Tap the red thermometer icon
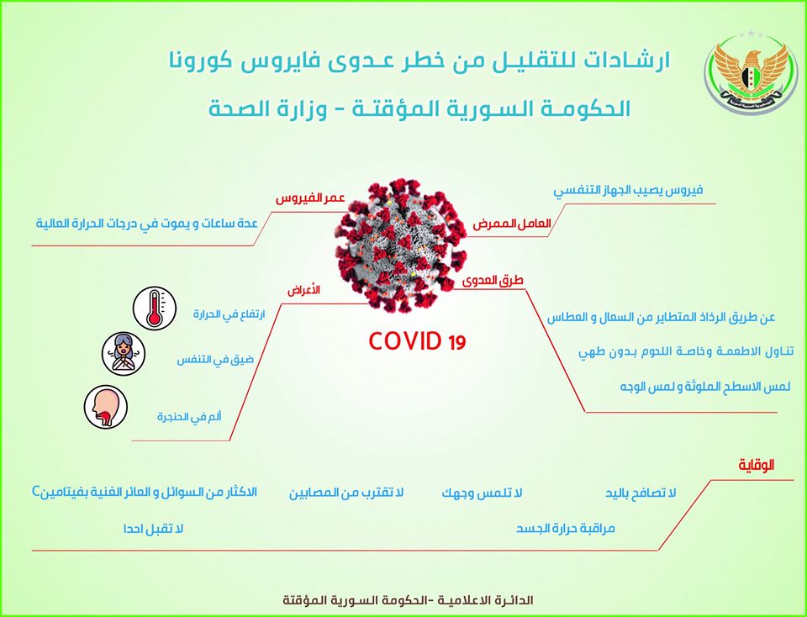point(155,308)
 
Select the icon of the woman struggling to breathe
point(124,354)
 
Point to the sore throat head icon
point(106,407)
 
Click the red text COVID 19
point(417,341)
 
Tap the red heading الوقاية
point(757,465)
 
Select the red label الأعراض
point(303,290)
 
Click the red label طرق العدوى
point(493,280)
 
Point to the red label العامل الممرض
point(512,224)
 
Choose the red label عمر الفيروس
point(310,198)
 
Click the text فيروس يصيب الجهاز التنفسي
point(628,190)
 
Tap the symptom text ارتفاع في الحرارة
point(229,314)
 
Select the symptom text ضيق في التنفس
point(215,359)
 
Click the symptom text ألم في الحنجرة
point(189,416)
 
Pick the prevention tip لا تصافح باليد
point(641,493)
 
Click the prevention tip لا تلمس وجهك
point(482,493)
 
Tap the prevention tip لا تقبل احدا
point(153,529)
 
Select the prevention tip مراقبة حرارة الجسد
point(566,529)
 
